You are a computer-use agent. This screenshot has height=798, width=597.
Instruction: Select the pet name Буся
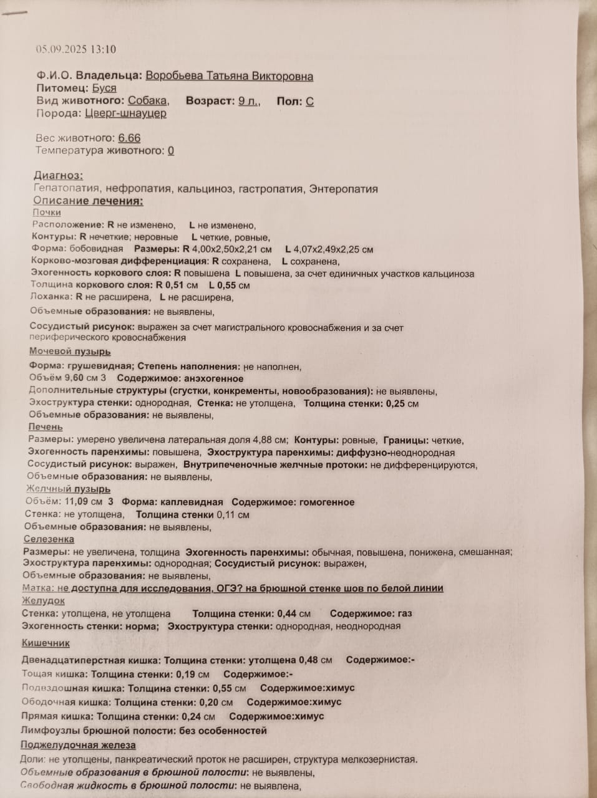(104, 89)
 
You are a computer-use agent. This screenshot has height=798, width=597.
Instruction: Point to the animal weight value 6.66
(129, 138)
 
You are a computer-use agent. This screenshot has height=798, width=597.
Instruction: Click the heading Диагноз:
(58, 176)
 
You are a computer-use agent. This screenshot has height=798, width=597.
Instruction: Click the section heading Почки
(47, 213)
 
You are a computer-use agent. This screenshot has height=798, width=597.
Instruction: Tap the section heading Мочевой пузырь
(70, 352)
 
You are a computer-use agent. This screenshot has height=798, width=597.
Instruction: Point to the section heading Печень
(46, 427)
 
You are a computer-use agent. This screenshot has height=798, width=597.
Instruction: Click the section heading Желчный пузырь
(68, 489)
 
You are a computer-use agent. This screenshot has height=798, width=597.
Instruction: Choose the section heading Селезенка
(49, 539)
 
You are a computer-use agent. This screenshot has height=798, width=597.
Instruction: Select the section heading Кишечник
(46, 643)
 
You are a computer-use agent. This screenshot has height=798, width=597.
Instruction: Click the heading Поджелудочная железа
(78, 745)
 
